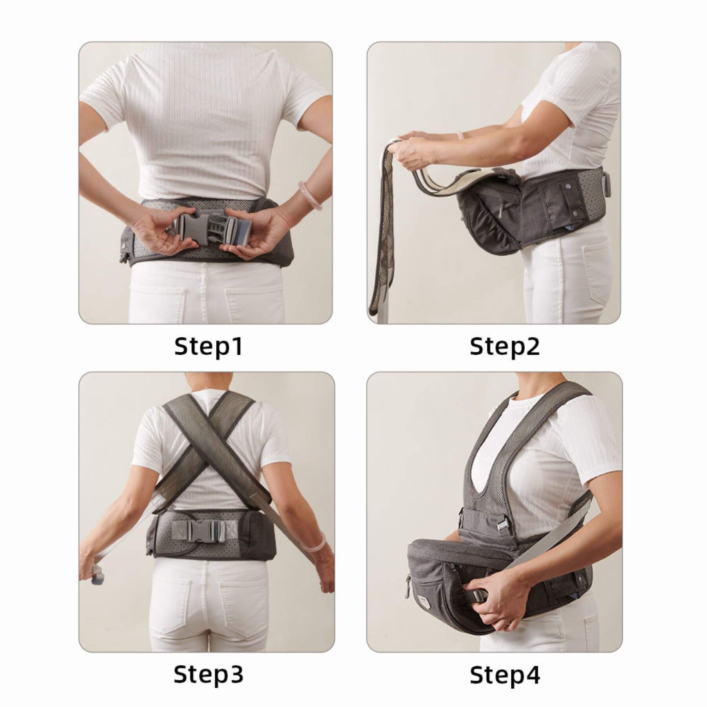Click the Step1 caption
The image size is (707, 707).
click(x=208, y=346)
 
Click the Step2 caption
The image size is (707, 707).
click(x=505, y=346)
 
